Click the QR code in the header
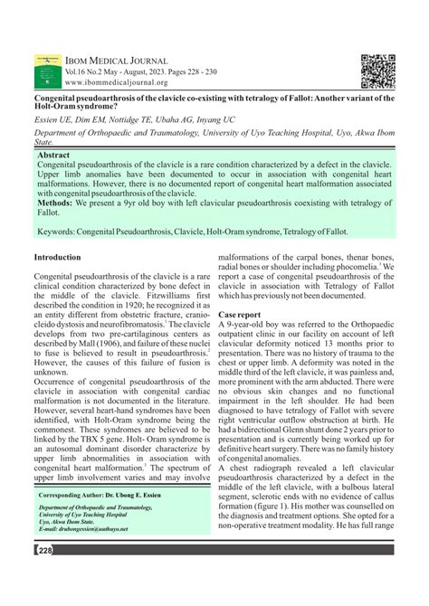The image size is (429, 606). tap(377, 71)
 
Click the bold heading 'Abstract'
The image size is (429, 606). tap(56, 156)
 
